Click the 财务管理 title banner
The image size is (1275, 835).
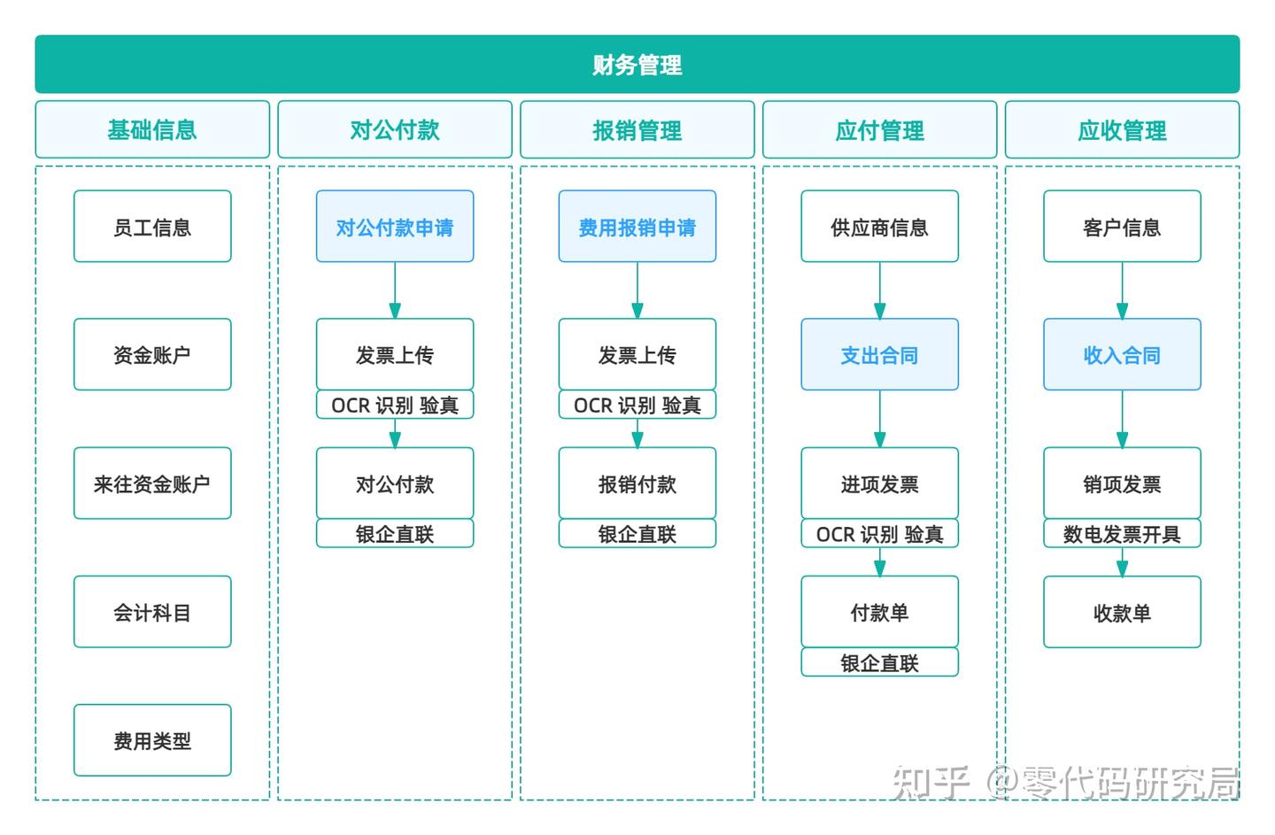tap(637, 65)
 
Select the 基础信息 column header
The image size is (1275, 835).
tap(152, 130)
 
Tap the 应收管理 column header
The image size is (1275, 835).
tap(1122, 130)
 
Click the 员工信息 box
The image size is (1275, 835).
tap(152, 227)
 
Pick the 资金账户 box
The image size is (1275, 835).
tap(152, 355)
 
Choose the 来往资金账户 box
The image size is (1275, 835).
tap(152, 483)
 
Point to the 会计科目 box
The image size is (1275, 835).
tap(152, 612)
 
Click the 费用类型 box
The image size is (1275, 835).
tap(152, 740)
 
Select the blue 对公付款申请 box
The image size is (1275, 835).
tap(395, 227)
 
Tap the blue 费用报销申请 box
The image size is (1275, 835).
tap(637, 227)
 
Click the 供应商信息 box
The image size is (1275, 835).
tap(879, 227)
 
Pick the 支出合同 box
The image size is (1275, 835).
tap(879, 355)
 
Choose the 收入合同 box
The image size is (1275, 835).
tap(1122, 355)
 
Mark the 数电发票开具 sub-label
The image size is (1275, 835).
tap(1122, 534)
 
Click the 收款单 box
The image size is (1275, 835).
tap(1122, 612)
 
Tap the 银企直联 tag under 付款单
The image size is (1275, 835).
tap(879, 662)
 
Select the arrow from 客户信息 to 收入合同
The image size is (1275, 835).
tap(1122, 290)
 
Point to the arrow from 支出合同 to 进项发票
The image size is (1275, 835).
tap(879, 419)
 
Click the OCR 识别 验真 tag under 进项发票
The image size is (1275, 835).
tap(879, 534)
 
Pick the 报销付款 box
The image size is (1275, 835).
tap(637, 483)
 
